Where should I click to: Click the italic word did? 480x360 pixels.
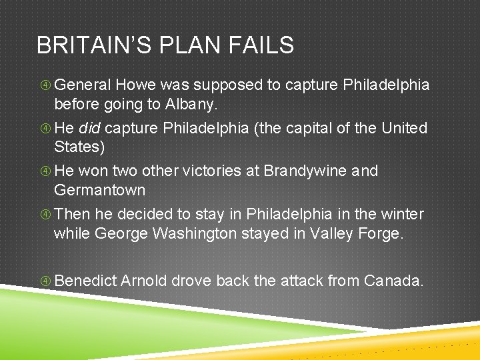point(91,127)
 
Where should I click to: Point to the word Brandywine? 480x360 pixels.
point(305,171)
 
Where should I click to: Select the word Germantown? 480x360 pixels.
point(99,191)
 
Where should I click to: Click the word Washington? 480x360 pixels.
point(199,233)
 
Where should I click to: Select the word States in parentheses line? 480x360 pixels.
point(79,147)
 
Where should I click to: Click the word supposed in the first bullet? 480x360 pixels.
point(228,85)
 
